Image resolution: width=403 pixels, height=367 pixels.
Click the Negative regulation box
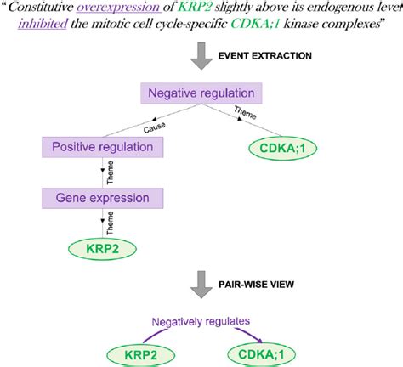[201, 93]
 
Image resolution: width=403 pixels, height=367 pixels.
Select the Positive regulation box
[102, 147]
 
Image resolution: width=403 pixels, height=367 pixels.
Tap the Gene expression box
[102, 198]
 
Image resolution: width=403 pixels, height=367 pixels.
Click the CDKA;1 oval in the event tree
[282, 148]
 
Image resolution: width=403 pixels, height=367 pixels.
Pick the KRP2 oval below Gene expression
[102, 249]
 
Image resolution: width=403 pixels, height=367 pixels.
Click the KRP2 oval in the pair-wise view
[141, 355]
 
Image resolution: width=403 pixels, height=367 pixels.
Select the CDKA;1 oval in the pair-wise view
[261, 354]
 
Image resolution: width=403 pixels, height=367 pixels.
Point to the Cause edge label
[154, 127]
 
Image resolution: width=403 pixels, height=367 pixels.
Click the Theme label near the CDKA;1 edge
[246, 113]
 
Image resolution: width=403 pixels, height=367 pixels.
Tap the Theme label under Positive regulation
[110, 172]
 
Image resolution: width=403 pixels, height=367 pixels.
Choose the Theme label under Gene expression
[110, 223]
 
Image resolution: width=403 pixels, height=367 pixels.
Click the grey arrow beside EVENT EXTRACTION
[201, 56]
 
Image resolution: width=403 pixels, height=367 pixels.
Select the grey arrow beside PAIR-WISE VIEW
[201, 285]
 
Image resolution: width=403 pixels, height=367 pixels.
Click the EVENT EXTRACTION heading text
[265, 55]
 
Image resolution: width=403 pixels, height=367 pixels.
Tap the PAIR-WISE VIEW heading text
[256, 284]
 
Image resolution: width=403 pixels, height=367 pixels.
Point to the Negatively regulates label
[201, 321]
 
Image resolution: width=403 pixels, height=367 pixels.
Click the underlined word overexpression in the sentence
[119, 7]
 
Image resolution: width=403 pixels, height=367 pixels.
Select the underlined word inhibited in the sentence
[43, 24]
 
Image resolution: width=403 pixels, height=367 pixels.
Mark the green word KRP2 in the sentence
[195, 7]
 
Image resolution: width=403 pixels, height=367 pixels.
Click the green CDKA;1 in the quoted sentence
[255, 24]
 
